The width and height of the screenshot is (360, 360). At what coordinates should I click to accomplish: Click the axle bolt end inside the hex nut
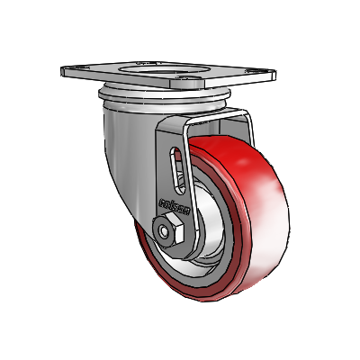pos(168,233)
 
